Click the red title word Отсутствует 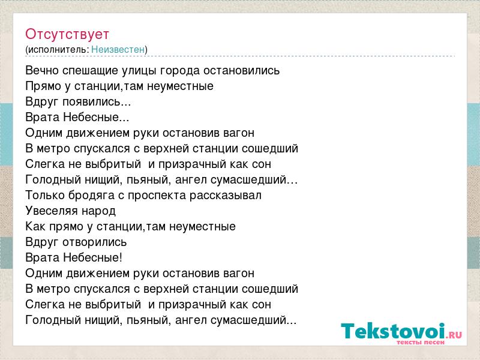click(67, 34)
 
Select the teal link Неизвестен click(118, 49)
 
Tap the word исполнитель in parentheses click(58, 50)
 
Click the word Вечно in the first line click(42, 70)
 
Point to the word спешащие click(91, 71)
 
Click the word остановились click(242, 70)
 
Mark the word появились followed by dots click(97, 101)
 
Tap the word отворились click(95, 242)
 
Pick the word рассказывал click(226, 196)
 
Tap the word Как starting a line click(35, 227)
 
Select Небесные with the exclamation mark click(93, 257)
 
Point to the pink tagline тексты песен click(421, 342)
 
